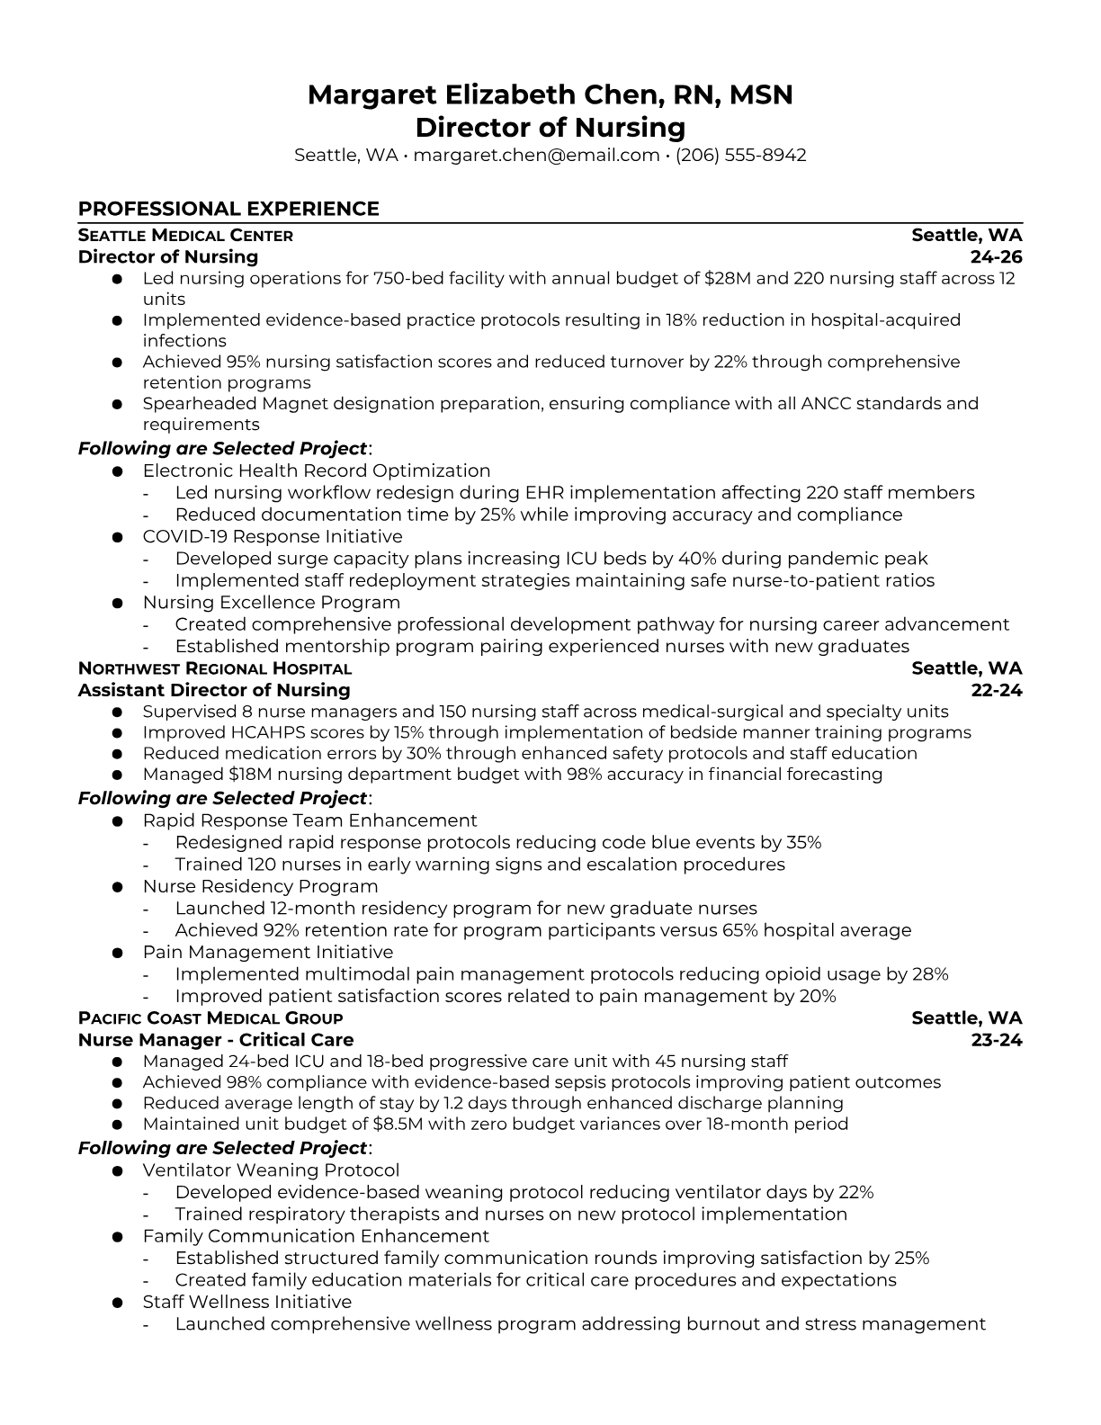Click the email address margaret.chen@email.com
coord(536,155)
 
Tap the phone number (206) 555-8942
coord(740,155)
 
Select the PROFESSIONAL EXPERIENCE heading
coord(228,209)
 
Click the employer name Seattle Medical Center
coord(185,236)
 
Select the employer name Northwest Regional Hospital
coord(215,668)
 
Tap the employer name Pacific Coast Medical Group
coord(210,1018)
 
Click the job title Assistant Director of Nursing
coord(214,690)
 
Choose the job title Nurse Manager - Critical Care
coord(216,1040)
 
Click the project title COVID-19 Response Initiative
coord(273,537)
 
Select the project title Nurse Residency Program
coord(260,886)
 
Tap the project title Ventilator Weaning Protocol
coord(271,1170)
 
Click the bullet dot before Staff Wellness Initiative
coord(117,1303)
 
